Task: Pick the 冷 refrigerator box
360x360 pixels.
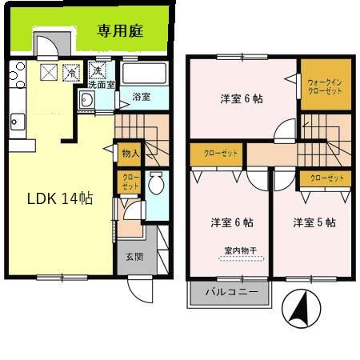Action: click(x=72, y=73)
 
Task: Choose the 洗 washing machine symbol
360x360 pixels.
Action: click(x=96, y=70)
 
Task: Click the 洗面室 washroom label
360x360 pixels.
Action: click(x=102, y=83)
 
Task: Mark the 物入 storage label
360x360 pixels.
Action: click(x=130, y=153)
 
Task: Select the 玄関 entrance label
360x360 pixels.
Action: click(x=134, y=257)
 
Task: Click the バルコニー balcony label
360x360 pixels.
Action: click(x=232, y=293)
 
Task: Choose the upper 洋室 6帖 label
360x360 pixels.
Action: click(x=242, y=99)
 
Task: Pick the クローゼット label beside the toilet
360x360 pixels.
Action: click(x=128, y=182)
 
